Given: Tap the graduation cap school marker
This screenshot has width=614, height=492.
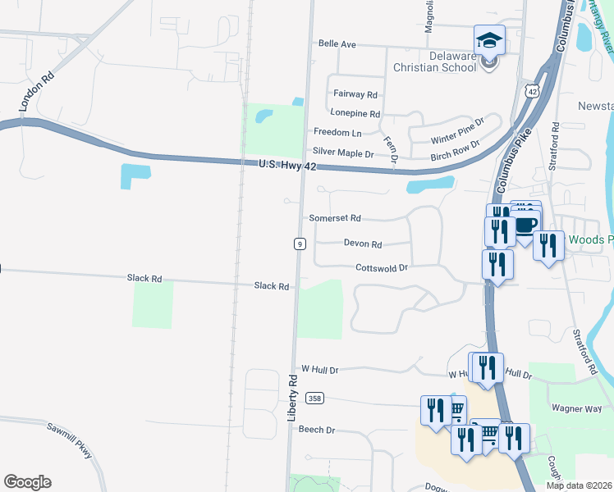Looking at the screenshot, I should [489, 40].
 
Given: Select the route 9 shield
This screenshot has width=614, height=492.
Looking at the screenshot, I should [300, 244].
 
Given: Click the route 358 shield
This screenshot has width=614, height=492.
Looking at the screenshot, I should [314, 399].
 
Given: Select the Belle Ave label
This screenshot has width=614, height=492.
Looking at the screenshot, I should [337, 44].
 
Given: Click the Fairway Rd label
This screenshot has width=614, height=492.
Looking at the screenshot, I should [355, 95].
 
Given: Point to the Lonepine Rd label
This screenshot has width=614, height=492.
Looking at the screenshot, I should [355, 114].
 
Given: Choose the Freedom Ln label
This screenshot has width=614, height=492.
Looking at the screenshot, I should [337, 133].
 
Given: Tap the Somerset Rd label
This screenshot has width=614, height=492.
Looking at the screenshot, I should [335, 219].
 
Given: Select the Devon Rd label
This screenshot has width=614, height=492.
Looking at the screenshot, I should [363, 244].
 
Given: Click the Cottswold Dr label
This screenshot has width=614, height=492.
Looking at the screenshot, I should [381, 268].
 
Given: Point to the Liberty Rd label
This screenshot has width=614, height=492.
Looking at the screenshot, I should [292, 398].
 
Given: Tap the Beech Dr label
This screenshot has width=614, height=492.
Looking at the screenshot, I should [317, 430].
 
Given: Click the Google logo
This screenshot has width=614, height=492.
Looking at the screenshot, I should [27, 482].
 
